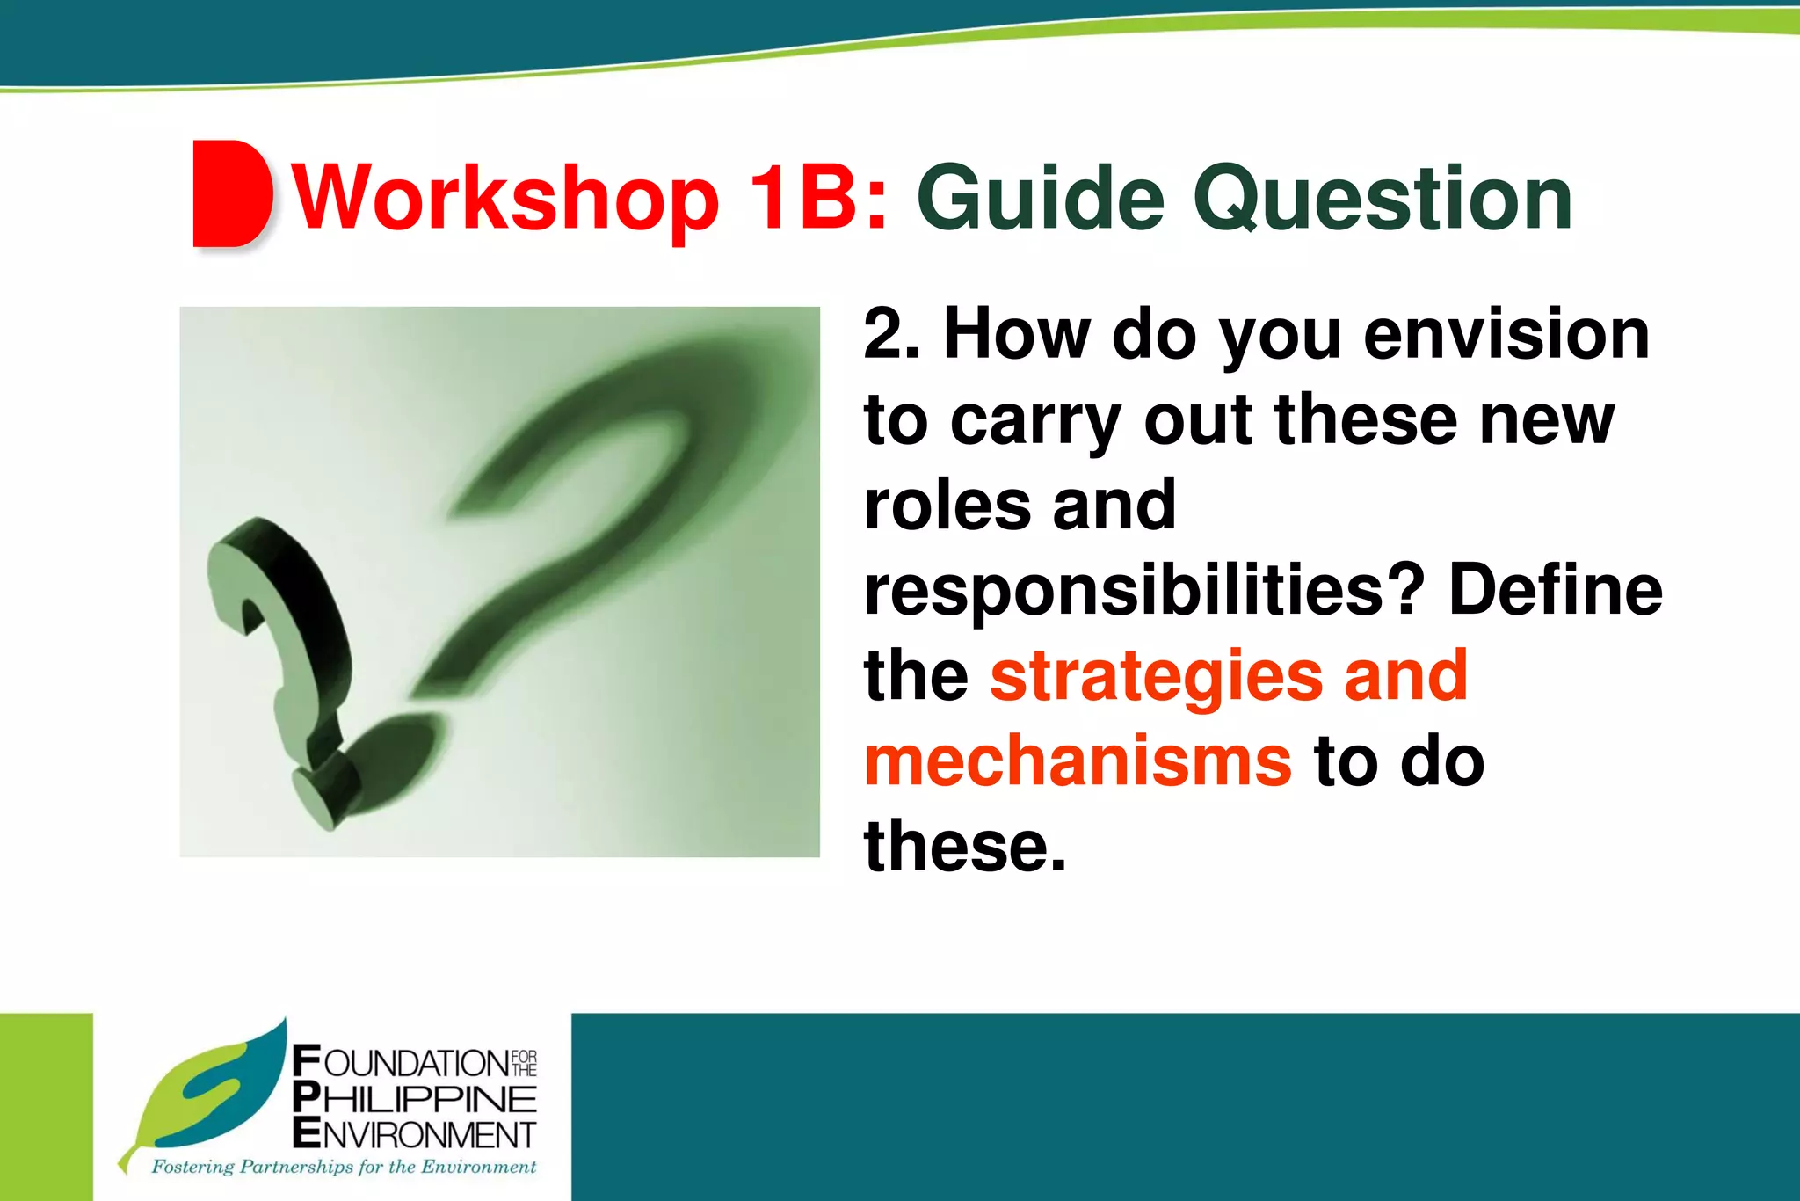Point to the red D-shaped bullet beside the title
click(x=230, y=193)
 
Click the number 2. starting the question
click(x=891, y=335)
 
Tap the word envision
click(x=1506, y=335)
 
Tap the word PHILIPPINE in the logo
click(x=414, y=1099)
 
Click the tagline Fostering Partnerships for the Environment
click(x=344, y=1168)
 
